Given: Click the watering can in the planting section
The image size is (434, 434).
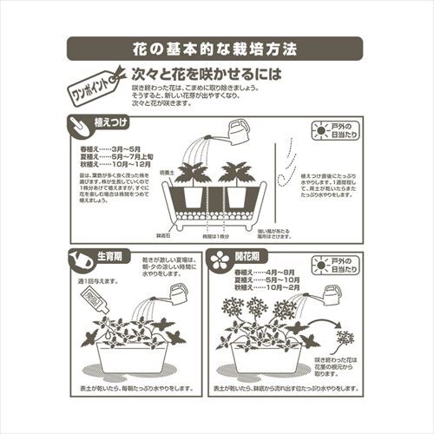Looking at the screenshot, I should tap(235, 133).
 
